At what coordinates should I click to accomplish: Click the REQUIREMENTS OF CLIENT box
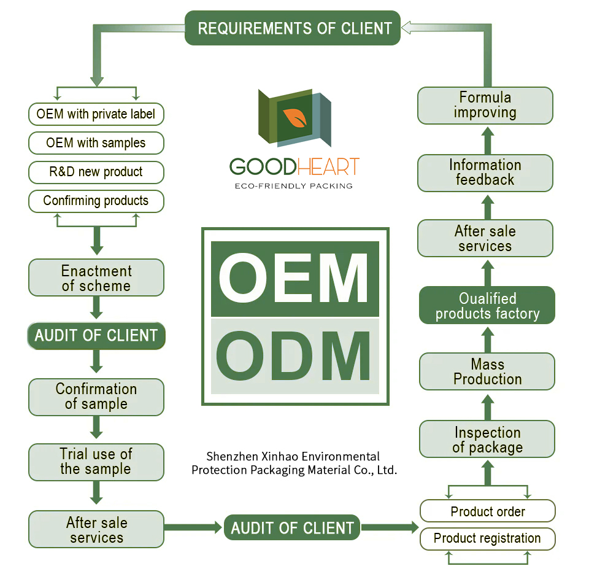tap(293, 28)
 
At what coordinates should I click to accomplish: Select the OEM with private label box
tap(96, 114)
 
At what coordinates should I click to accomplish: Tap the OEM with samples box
tap(96, 143)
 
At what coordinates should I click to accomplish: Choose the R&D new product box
tap(96, 172)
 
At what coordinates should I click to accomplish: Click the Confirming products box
tap(96, 201)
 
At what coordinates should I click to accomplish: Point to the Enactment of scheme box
tap(96, 278)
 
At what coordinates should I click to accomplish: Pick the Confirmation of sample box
tap(96, 397)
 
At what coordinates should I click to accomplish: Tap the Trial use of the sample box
tap(96, 462)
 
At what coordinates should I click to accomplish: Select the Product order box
tap(488, 511)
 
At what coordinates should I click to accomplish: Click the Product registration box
tap(488, 538)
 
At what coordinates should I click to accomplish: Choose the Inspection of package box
tap(487, 440)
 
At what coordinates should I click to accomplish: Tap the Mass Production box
tap(487, 372)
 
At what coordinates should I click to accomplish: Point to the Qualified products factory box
tap(487, 306)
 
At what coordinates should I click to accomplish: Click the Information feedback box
tap(485, 173)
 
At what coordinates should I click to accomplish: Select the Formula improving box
tap(485, 105)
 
